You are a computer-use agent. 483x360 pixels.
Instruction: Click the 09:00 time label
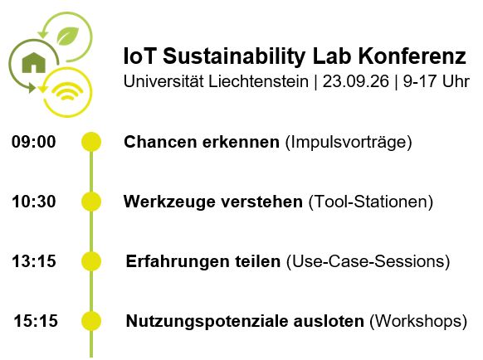click(x=33, y=142)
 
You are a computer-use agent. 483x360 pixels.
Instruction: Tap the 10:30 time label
click(x=33, y=202)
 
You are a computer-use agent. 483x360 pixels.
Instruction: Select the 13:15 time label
click(x=34, y=261)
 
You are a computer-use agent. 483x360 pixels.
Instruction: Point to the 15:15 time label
click(x=36, y=321)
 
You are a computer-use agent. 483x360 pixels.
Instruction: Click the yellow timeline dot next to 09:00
click(x=91, y=142)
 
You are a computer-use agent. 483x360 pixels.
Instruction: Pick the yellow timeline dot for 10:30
click(x=91, y=202)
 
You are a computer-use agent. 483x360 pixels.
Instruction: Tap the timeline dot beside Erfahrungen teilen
click(x=91, y=261)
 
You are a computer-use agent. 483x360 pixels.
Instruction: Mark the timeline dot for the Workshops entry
click(x=91, y=321)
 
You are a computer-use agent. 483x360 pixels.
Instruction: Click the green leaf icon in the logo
click(x=68, y=36)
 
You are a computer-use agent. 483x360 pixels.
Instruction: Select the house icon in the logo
click(x=34, y=62)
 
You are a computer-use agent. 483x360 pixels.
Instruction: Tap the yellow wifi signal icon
click(x=68, y=91)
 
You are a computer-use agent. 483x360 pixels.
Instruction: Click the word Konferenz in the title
click(x=412, y=56)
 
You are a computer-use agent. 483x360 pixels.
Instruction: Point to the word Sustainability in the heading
click(x=234, y=57)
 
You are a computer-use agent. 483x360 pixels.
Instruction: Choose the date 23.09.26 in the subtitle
click(x=356, y=82)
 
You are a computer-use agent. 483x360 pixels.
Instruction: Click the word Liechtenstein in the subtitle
click(x=258, y=82)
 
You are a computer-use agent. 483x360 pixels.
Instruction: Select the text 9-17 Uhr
click(x=437, y=82)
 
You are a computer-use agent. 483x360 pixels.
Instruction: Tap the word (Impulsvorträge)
click(x=349, y=143)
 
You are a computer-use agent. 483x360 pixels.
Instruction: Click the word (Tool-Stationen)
click(x=371, y=202)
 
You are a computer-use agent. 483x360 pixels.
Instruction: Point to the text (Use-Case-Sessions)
click(x=368, y=262)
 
